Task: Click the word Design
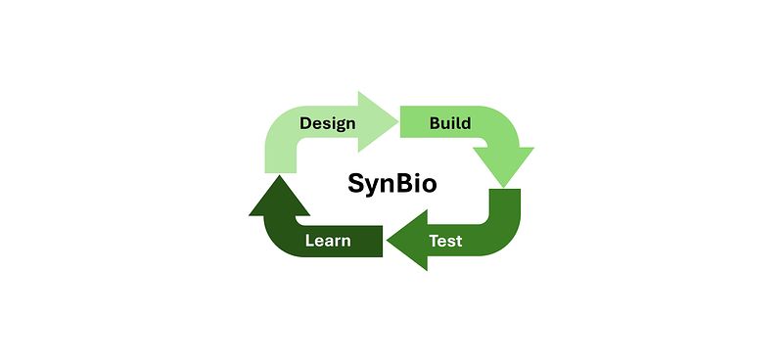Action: tap(328, 124)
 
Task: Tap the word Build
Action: tap(450, 123)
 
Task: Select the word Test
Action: tap(445, 241)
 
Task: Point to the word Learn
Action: tap(328, 241)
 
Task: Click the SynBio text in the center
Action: tap(392, 183)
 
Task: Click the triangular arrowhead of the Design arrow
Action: tap(377, 121)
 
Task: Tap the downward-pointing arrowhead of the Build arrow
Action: tap(503, 165)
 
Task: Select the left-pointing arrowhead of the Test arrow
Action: tap(408, 240)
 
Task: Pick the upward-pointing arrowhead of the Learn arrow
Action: tap(279, 197)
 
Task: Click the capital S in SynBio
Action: tap(356, 183)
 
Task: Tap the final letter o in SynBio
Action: tap(429, 186)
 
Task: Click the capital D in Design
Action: tap(306, 123)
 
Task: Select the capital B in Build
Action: tap(436, 123)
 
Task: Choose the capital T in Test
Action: tap(435, 241)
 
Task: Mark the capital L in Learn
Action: tap(310, 241)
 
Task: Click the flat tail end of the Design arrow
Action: tap(281, 172)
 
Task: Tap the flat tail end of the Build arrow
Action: tap(401, 121)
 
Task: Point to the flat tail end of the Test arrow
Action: tap(505, 190)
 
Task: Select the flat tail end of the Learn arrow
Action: tap(382, 241)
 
